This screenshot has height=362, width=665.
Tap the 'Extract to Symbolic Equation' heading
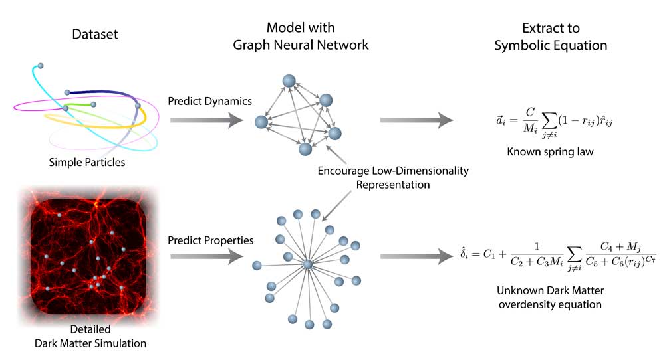point(550,37)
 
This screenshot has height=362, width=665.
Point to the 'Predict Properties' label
point(210,240)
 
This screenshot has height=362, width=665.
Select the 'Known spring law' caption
point(550,151)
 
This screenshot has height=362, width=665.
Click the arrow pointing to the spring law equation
point(415,120)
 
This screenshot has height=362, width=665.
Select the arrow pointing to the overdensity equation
point(415,257)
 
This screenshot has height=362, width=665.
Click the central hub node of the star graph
point(307,265)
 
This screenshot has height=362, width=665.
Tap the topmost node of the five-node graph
point(289,81)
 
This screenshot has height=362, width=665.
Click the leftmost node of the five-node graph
point(261,122)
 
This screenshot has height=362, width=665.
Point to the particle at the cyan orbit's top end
point(41,66)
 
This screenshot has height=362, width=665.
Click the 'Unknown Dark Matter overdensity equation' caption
point(550,298)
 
